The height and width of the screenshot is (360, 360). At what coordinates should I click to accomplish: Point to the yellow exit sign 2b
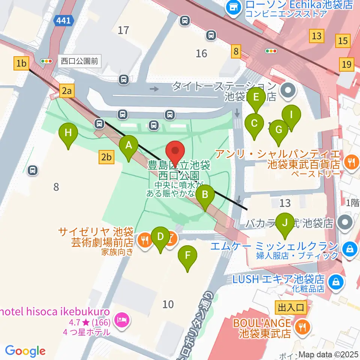(x=106, y=157)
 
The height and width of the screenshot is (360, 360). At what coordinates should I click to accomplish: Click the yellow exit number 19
(x=346, y=64)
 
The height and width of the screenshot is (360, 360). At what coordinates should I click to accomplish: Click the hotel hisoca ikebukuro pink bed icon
(x=121, y=319)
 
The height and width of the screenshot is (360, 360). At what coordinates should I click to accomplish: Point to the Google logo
(x=25, y=351)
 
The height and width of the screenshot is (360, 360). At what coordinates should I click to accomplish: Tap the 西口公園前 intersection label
(x=79, y=61)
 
